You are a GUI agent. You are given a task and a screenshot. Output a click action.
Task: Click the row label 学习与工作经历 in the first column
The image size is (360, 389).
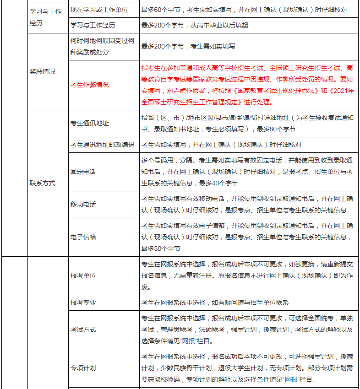[45, 17]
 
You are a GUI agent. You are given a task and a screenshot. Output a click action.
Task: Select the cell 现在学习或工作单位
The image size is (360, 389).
[99, 10]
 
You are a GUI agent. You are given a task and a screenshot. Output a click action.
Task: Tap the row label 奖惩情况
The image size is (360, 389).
[42, 71]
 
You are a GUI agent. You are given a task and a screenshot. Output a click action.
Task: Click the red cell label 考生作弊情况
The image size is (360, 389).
[90, 85]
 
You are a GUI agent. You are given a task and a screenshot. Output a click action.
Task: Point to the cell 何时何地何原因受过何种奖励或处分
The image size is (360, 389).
[103, 46]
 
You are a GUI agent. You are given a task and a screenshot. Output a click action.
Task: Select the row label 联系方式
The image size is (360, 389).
[42, 183]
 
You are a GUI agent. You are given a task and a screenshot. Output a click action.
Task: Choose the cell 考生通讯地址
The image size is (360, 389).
[90, 123]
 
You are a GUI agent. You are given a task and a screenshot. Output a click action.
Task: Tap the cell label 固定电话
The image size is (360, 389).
[83, 172]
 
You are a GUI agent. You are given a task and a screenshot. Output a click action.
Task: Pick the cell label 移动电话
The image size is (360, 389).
[83, 204]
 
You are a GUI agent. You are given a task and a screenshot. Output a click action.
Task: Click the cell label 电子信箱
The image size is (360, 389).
[83, 237]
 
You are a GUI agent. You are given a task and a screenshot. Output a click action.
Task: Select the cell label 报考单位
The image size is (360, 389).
[83, 276]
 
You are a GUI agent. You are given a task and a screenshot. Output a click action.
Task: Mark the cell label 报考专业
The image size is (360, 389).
[83, 303]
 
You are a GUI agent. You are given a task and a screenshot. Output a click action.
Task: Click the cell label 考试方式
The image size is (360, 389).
[83, 330]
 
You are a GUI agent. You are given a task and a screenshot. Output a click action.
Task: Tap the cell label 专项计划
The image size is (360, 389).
[83, 368]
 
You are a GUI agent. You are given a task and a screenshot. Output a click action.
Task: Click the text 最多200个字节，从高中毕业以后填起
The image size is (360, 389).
[195, 25]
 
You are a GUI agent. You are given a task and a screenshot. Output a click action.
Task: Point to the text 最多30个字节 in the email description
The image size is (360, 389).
[161, 249]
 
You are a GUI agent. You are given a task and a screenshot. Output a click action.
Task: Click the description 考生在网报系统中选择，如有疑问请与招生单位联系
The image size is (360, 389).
[215, 303]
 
